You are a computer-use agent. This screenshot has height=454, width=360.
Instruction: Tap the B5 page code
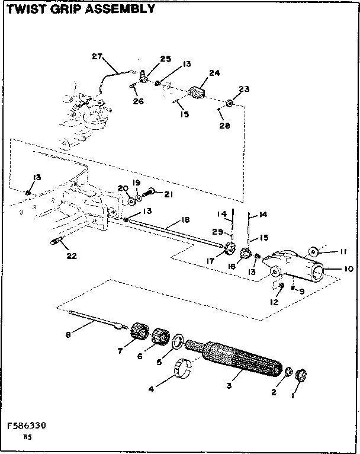(27, 437)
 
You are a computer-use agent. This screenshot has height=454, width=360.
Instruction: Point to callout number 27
(97, 57)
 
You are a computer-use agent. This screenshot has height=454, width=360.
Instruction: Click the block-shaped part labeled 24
(197, 93)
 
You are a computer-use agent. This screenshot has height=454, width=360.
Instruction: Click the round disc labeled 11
(314, 249)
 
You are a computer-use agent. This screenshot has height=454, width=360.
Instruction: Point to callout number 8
(69, 335)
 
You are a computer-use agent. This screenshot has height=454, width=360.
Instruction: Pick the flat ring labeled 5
(177, 343)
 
